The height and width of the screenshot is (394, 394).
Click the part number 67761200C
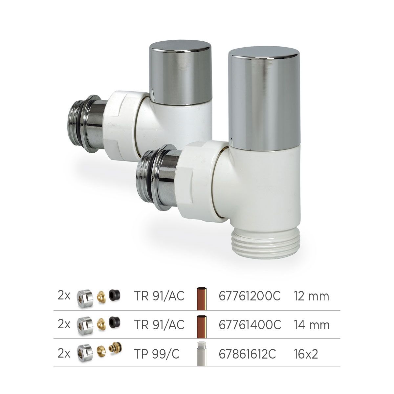tap(250, 296)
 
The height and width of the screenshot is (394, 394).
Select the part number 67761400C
tap(250, 325)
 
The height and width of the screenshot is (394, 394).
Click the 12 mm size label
tap(311, 296)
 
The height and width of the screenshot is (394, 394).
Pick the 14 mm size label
tap(311, 325)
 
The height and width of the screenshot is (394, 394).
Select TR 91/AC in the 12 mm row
tap(159, 296)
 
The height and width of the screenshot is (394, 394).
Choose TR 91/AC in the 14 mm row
tap(159, 325)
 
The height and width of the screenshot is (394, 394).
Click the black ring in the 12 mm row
tap(114, 295)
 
